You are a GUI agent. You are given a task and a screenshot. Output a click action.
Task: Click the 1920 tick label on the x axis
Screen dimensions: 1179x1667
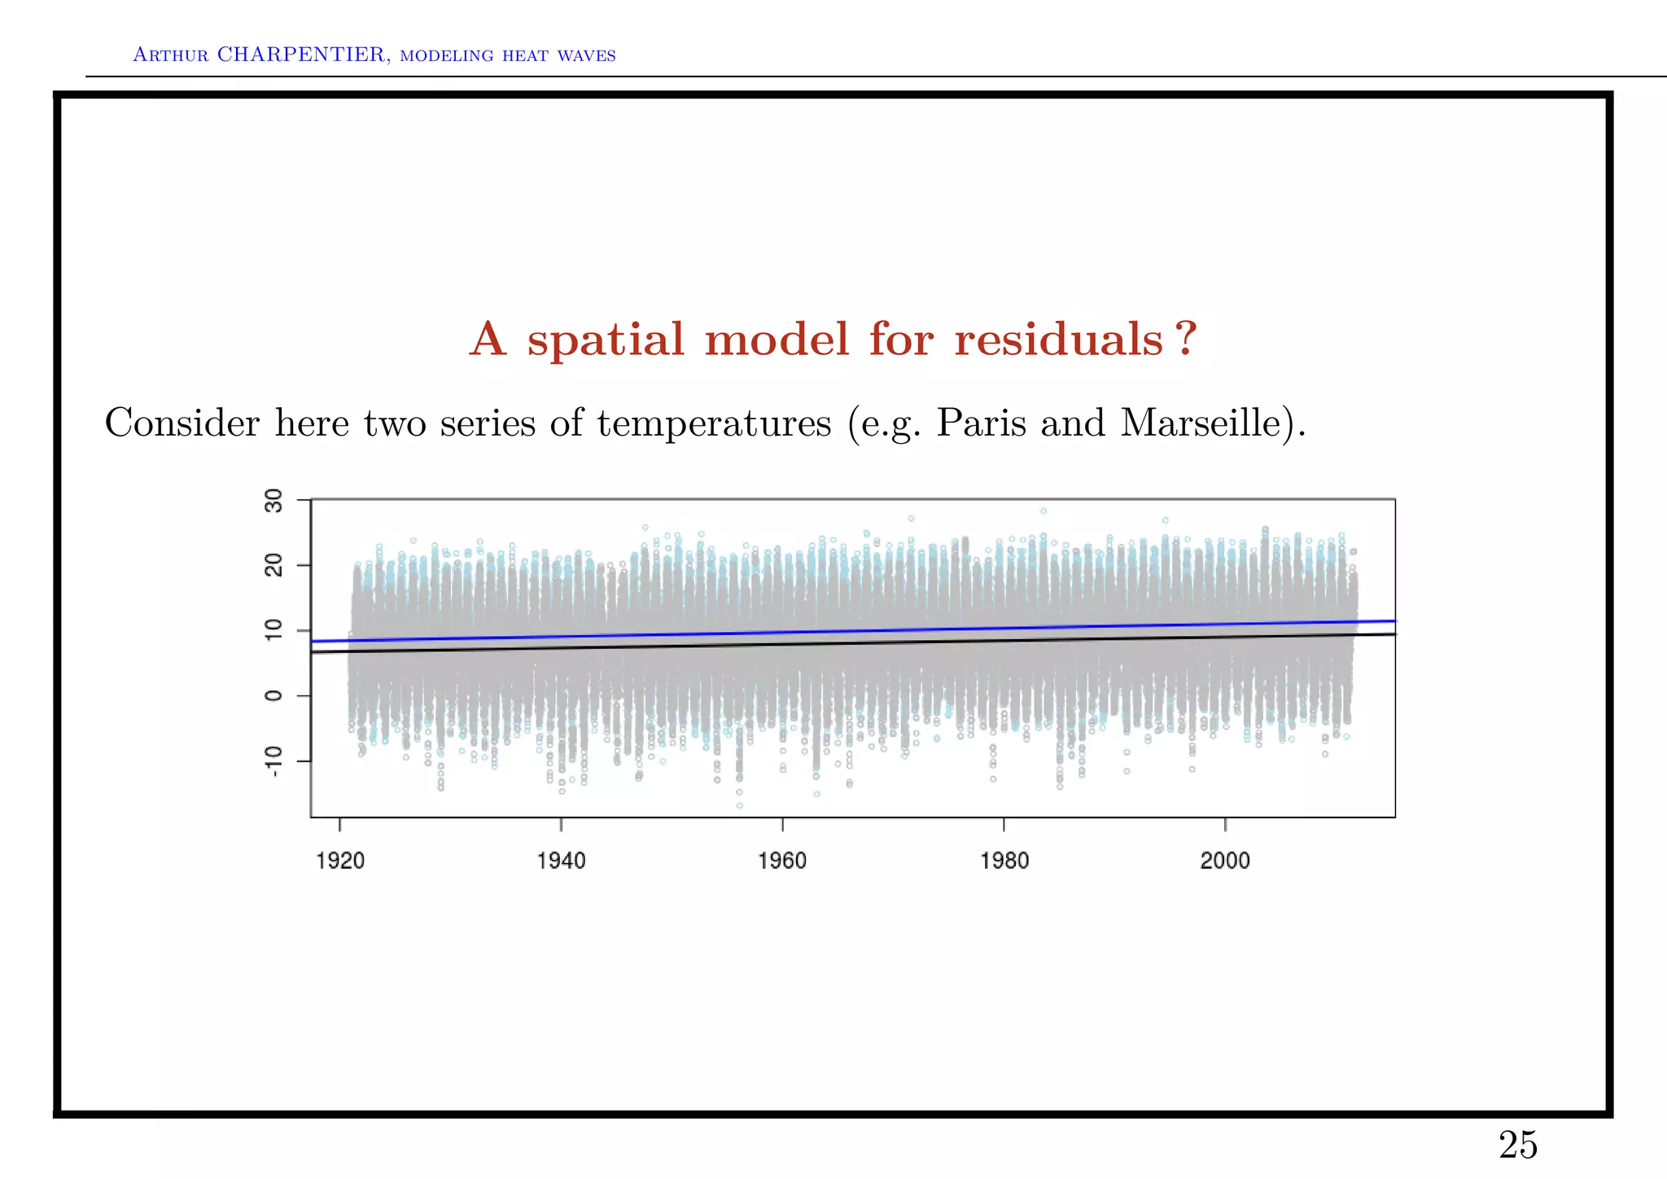pos(340,861)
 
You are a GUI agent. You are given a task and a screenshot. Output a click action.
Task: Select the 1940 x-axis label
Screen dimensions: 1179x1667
pos(561,861)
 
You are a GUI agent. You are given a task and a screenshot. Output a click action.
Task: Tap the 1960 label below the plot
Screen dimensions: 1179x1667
pos(782,861)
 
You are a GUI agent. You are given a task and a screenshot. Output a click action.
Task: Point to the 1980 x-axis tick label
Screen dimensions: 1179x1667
pos(1004,861)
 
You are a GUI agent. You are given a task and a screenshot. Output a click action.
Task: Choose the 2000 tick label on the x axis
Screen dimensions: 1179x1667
pos(1225,861)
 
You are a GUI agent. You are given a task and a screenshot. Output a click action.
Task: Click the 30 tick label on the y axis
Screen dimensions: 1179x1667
pos(274,501)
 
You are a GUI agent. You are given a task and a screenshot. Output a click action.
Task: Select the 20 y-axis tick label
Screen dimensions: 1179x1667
pos(274,565)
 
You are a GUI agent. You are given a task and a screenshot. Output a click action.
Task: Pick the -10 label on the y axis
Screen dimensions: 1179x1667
pos(274,761)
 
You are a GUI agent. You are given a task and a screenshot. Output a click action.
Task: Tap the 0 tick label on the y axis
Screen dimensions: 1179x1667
pos(274,695)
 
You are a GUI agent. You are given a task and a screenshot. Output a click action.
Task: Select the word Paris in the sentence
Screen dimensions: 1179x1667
pos(981,423)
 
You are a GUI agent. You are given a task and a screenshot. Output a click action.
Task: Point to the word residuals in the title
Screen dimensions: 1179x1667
pos(1058,340)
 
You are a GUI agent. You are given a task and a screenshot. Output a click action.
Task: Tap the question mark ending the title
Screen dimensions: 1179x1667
pos(1187,338)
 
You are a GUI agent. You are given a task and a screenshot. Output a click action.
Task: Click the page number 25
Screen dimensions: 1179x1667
pos(1518,1146)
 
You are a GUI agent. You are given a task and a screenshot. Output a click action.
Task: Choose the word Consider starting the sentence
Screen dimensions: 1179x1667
pos(182,423)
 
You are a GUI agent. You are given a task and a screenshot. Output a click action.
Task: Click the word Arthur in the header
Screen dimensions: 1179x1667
pos(170,55)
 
